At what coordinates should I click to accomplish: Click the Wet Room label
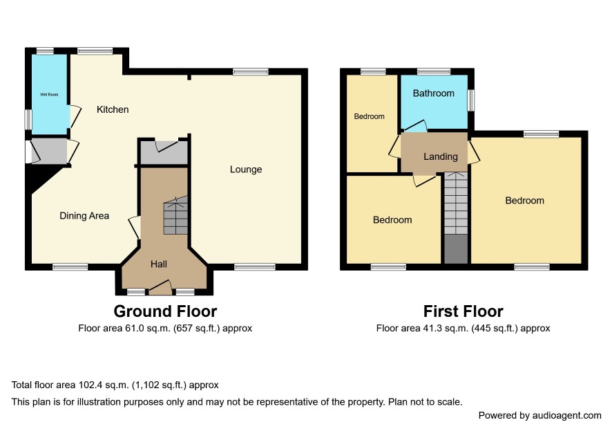point(49,94)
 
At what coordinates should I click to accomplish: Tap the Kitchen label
point(113,109)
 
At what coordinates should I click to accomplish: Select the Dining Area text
point(84,215)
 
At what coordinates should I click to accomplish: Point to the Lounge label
point(245,170)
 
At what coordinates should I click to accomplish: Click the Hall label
point(158,264)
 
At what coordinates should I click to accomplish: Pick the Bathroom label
point(433,93)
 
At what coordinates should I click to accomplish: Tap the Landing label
point(440,156)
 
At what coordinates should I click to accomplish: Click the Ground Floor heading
point(165,311)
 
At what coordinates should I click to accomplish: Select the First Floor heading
point(463,311)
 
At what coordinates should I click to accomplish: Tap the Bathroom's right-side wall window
point(471,100)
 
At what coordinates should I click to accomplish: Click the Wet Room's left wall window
point(28,119)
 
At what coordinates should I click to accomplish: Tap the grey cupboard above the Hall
point(164,152)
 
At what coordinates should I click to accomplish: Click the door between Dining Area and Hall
point(135,227)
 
